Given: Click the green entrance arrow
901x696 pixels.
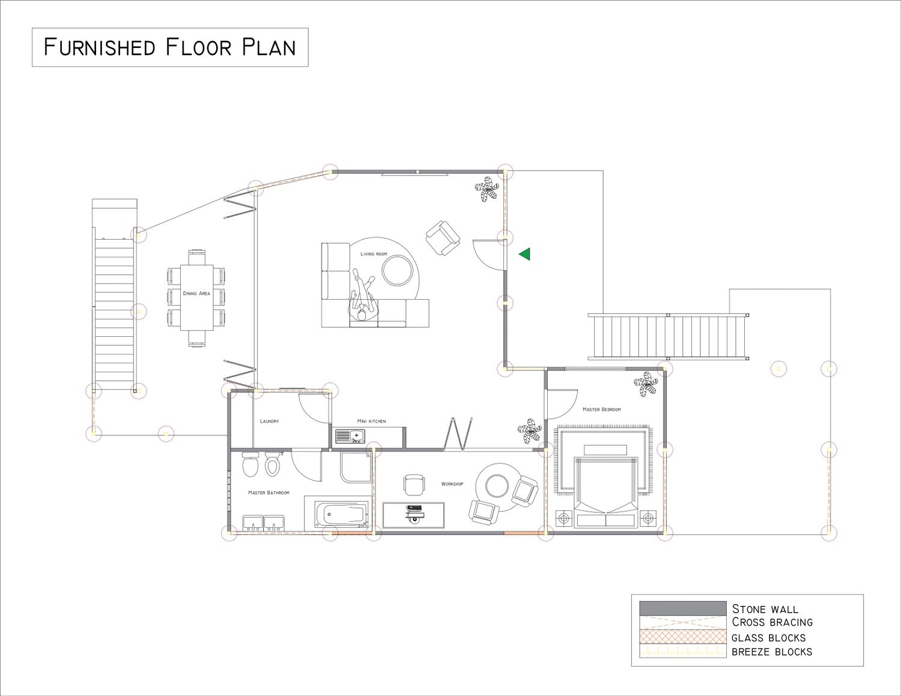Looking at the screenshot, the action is (x=526, y=253).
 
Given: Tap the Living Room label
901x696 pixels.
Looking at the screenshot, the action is (x=374, y=253).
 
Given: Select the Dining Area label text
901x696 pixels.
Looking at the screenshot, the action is (x=196, y=294).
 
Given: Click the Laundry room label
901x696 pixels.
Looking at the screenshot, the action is (x=270, y=421).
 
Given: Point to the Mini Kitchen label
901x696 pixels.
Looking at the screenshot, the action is (x=371, y=421).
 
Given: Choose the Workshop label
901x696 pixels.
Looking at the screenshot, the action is (x=452, y=484).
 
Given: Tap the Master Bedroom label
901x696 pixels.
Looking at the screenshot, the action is (x=602, y=410).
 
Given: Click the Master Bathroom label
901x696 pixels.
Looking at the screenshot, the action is (x=268, y=493).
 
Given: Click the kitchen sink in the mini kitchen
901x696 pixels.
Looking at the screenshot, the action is (x=350, y=436).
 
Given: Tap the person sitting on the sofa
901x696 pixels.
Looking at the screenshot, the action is (x=363, y=295).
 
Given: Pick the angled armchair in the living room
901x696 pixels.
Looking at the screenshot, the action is (x=443, y=238).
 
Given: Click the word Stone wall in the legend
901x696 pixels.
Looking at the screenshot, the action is (x=765, y=609).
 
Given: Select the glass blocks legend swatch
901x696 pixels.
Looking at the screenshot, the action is (x=682, y=637).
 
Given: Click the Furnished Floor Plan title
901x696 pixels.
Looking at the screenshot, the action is (x=170, y=47).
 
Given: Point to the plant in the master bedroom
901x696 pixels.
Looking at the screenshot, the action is (x=646, y=385).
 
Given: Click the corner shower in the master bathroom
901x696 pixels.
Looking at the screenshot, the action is (x=356, y=468).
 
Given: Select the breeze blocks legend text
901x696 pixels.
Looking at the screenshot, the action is (x=772, y=652).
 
